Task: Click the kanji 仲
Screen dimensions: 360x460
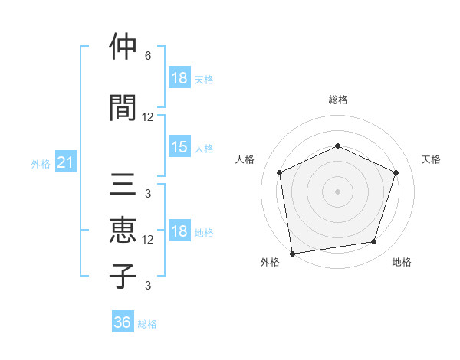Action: (123, 48)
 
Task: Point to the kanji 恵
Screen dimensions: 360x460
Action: (123, 231)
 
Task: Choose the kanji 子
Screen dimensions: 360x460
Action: (123, 276)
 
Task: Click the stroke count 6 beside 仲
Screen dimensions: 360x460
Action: (147, 56)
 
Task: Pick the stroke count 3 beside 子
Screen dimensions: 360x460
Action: (147, 286)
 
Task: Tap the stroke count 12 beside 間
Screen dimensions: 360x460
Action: (148, 116)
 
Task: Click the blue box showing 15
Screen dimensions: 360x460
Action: (179, 147)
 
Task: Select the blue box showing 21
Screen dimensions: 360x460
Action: (65, 163)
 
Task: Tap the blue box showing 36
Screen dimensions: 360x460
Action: (122, 322)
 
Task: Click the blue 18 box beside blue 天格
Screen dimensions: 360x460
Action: (179, 78)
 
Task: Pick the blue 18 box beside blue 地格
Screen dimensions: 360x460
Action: (179, 232)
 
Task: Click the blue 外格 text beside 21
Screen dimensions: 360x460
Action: (41, 164)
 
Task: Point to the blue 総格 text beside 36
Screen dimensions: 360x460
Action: (147, 324)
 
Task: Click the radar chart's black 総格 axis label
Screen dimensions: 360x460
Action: (338, 100)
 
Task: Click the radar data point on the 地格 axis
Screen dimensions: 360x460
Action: (374, 242)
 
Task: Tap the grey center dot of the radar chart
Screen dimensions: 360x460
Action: (337, 191)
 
